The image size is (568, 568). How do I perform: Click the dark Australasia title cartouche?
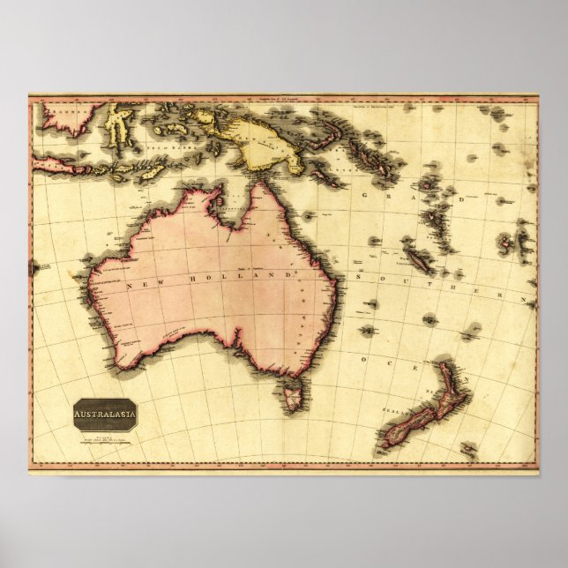[x=105, y=415]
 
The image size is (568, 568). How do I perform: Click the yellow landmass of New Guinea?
[x=260, y=144]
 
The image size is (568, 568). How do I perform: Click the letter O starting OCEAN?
[x=363, y=361]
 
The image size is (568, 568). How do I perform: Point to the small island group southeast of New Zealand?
[x=468, y=451]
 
